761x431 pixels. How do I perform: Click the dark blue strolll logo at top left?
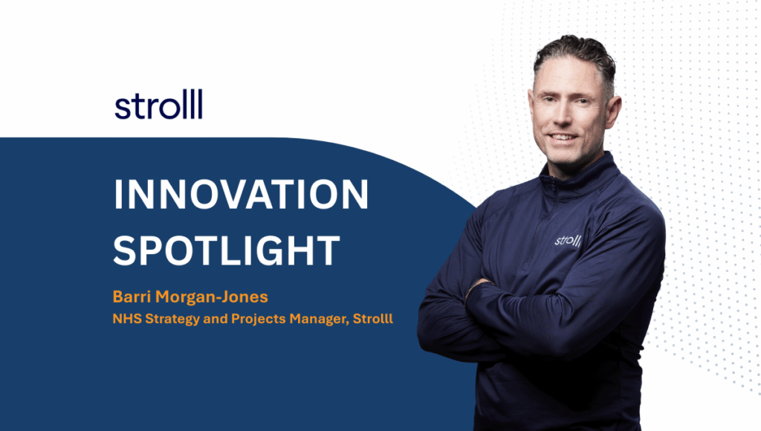(x=158, y=104)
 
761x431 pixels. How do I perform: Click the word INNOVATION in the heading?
(x=242, y=195)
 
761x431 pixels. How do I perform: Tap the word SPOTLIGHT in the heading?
(x=226, y=250)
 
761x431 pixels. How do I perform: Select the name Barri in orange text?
(x=132, y=296)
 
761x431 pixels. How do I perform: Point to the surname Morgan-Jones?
(x=212, y=296)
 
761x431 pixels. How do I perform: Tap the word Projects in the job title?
(x=259, y=320)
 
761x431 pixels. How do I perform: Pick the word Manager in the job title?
(x=319, y=320)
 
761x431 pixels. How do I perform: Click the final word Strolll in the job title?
(x=373, y=319)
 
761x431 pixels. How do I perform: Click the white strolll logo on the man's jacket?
(x=567, y=240)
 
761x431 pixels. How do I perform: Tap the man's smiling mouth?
(x=563, y=137)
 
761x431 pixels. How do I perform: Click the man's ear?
(x=613, y=112)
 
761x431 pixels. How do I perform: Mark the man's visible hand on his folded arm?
(x=478, y=286)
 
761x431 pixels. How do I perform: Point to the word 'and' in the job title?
(x=216, y=319)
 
